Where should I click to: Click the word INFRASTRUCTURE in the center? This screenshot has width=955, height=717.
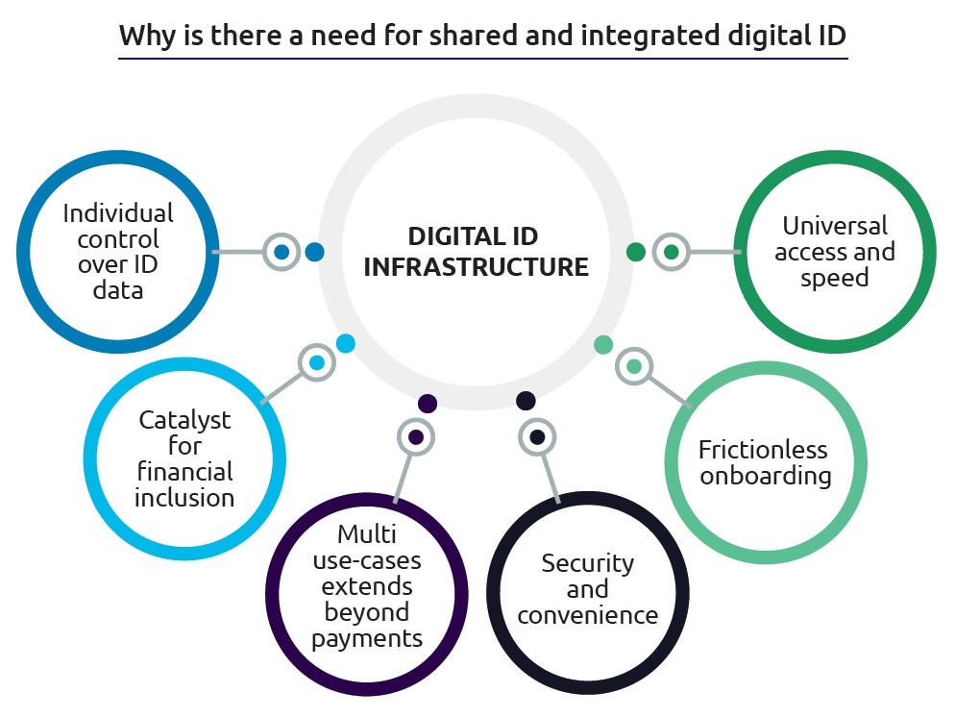pyautogui.click(x=477, y=266)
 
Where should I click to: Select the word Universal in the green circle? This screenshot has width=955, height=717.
pyautogui.click(x=834, y=226)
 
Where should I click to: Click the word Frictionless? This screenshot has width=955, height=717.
pyautogui.click(x=763, y=449)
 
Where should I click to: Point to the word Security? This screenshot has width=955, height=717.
pyautogui.click(x=587, y=562)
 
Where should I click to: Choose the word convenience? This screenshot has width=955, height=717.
pyautogui.click(x=587, y=615)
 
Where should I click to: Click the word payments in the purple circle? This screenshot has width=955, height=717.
pyautogui.click(x=366, y=638)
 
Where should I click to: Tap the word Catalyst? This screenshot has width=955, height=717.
pyautogui.click(x=184, y=420)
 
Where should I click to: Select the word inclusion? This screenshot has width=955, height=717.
pyautogui.click(x=184, y=498)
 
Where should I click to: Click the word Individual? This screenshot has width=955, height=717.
pyautogui.click(x=119, y=212)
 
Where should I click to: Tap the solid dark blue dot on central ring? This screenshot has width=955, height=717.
pyautogui.click(x=314, y=253)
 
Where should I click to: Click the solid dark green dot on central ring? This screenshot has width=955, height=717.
pyautogui.click(x=635, y=252)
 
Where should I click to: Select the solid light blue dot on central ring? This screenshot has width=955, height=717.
pyautogui.click(x=346, y=342)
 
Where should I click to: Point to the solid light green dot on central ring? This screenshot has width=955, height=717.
pyautogui.click(x=603, y=344)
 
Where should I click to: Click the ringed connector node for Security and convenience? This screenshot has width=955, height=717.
pyautogui.click(x=537, y=437)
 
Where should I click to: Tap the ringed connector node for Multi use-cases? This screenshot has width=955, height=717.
pyautogui.click(x=415, y=437)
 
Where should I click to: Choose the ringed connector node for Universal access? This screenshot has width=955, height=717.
pyautogui.click(x=671, y=253)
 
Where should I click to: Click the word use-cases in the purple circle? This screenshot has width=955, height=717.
pyautogui.click(x=366, y=559)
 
